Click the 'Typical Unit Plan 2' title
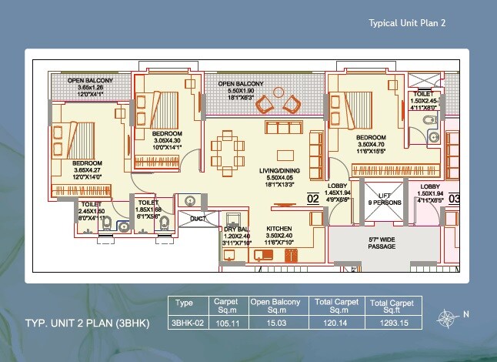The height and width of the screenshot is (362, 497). tap(408, 23)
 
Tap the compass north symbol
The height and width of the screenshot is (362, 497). tap(445, 317)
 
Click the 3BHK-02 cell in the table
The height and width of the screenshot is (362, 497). tap(188, 323)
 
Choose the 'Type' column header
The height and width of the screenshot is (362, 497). tap(185, 303)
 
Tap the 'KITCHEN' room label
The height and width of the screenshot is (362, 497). tap(278, 230)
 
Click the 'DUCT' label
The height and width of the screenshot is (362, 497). tap(198, 220)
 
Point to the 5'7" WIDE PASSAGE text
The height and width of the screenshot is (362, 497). tap(382, 243)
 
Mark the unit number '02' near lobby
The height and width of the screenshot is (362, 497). tap(313, 198)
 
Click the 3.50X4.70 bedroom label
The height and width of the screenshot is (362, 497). tap(371, 144)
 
